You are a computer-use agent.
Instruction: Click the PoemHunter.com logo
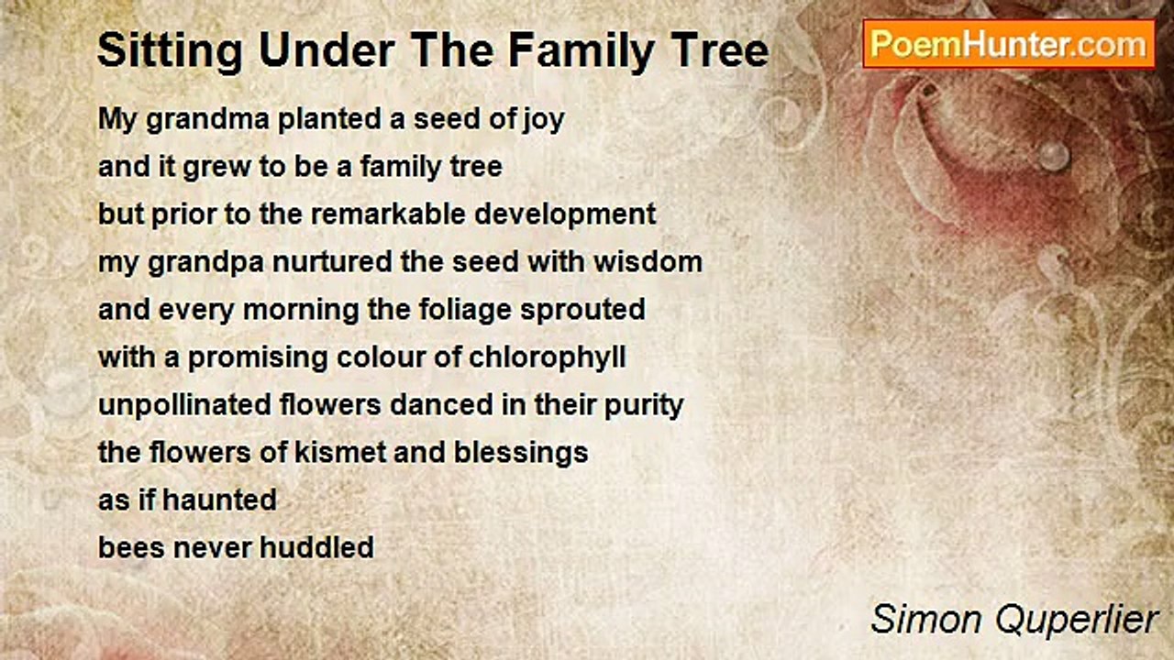[x=1009, y=44]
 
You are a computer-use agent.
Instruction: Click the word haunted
[x=219, y=500]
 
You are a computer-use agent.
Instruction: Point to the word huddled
[x=317, y=548]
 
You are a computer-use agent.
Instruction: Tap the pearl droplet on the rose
[x=1054, y=155]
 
